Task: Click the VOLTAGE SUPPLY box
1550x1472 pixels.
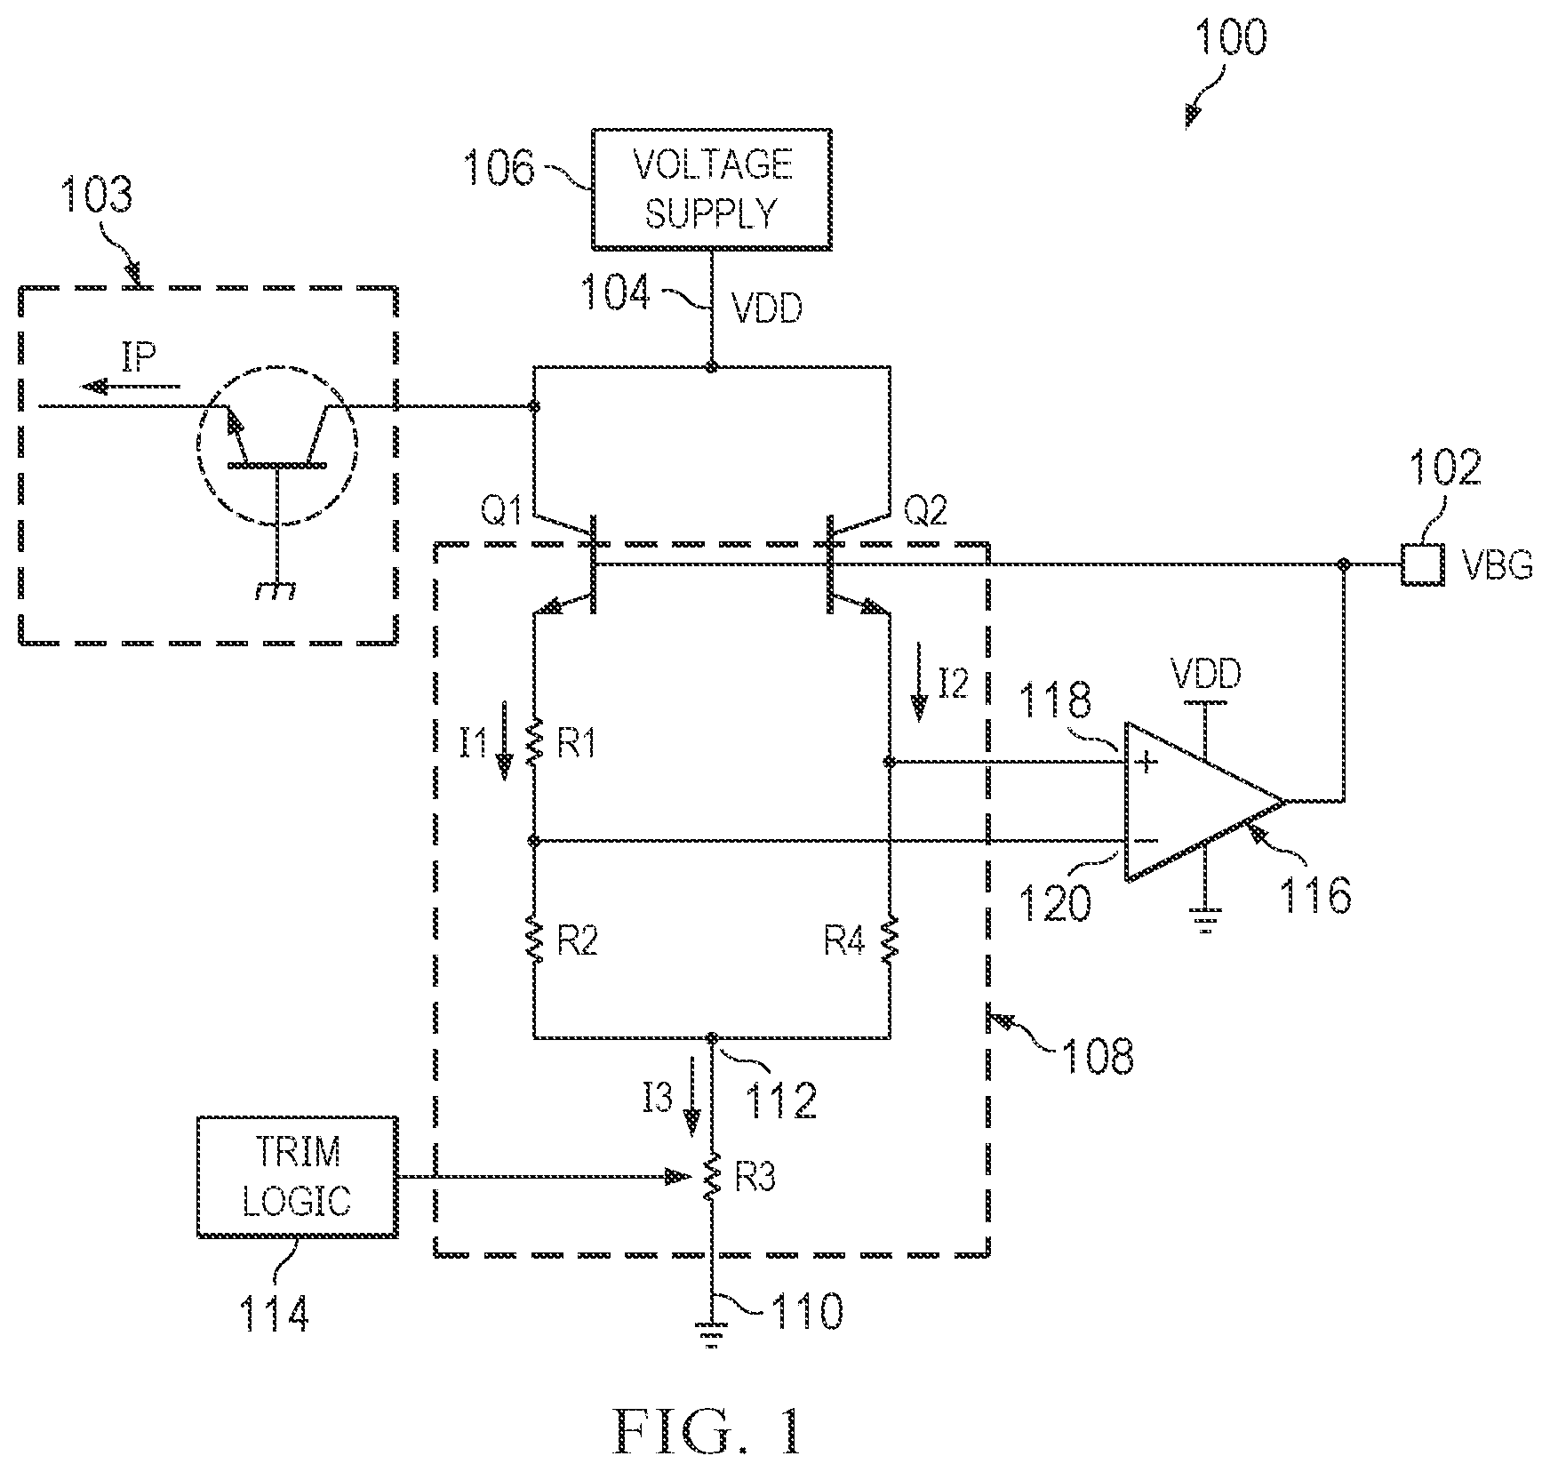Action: (x=711, y=188)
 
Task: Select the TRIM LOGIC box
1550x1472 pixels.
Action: (x=297, y=1176)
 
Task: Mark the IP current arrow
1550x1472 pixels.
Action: (x=130, y=386)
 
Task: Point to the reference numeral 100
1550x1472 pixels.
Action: (x=1231, y=40)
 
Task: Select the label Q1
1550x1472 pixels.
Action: (x=501, y=512)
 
